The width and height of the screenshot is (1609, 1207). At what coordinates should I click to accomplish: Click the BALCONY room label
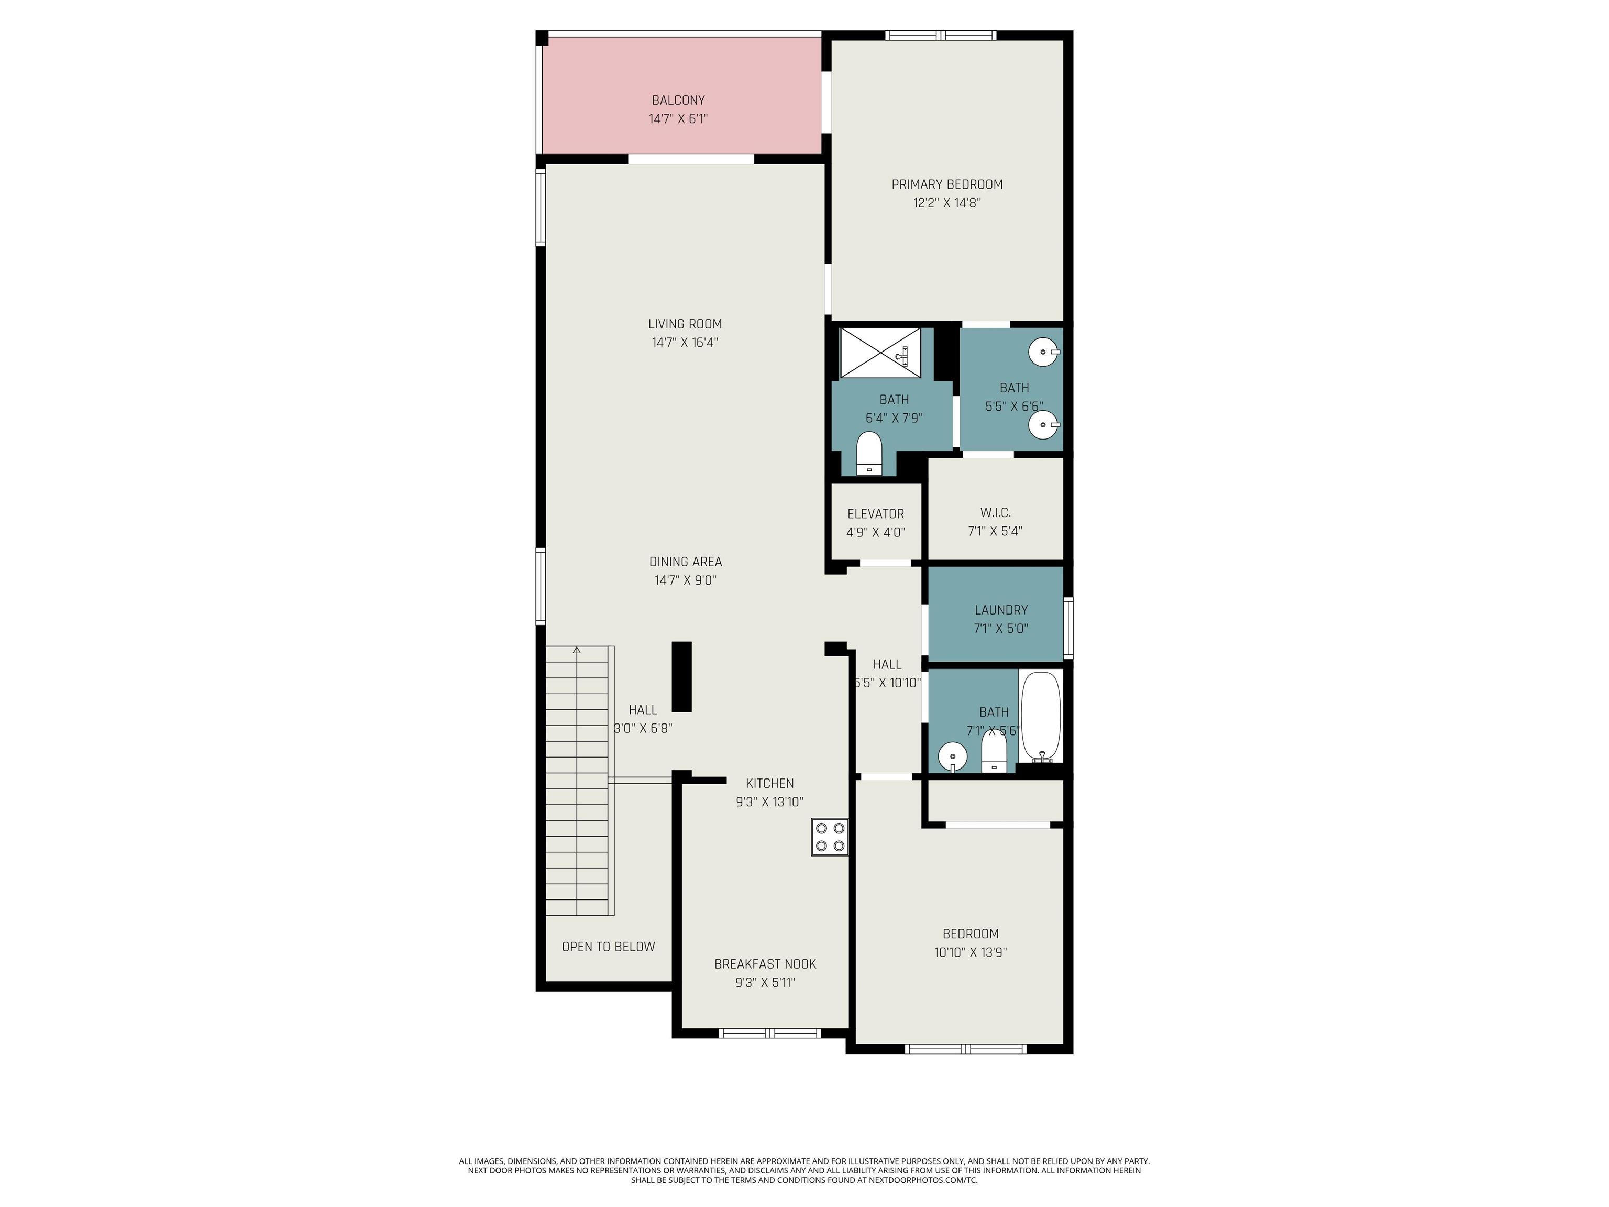(x=678, y=101)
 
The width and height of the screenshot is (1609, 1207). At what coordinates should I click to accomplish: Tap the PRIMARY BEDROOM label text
(x=947, y=185)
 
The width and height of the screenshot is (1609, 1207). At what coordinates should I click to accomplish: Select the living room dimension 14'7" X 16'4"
(x=685, y=343)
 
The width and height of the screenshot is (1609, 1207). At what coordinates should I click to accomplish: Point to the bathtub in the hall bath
(x=1041, y=716)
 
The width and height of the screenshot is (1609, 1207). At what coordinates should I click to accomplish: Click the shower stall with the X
(x=880, y=353)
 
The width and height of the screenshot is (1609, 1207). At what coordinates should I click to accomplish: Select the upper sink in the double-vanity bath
(x=1044, y=352)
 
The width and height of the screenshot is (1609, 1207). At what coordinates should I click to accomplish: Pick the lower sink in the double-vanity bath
(x=1044, y=425)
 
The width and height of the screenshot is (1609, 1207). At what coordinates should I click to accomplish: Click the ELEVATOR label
(x=876, y=513)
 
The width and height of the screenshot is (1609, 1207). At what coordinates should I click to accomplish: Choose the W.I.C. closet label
(x=995, y=513)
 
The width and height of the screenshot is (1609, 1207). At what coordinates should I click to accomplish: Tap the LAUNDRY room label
(x=1001, y=610)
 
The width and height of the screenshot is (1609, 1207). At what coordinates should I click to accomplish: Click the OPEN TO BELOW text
(x=608, y=947)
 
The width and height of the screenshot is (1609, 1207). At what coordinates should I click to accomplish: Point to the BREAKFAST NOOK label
(x=765, y=964)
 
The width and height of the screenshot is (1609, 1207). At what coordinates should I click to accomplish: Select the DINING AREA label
(x=685, y=562)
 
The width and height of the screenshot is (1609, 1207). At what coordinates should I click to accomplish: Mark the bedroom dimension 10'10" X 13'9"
(x=971, y=952)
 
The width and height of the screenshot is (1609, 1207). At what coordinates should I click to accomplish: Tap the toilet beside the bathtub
(x=994, y=752)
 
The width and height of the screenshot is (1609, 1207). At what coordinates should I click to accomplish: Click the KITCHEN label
(x=769, y=784)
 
